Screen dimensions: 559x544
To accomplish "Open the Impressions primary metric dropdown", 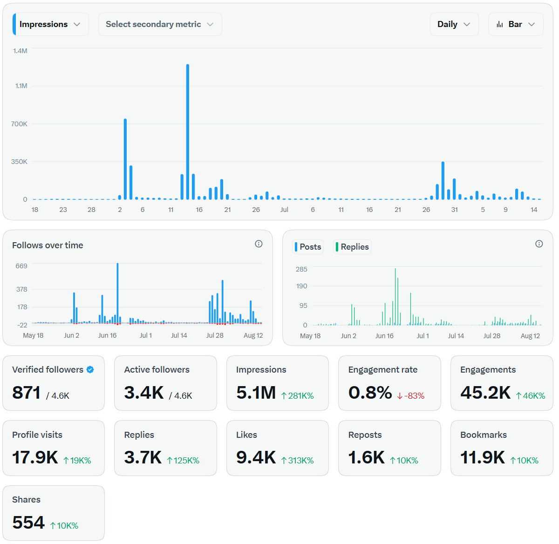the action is [x=51, y=24].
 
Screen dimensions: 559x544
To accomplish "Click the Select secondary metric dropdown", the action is [x=160, y=24].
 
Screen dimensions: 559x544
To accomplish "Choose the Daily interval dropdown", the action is [x=454, y=24].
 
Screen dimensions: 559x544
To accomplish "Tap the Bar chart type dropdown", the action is [x=516, y=24].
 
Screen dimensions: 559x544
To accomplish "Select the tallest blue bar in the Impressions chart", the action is [x=188, y=132].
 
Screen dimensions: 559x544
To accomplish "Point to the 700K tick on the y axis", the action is [x=19, y=124].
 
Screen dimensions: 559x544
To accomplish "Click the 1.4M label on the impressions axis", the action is [x=20, y=51].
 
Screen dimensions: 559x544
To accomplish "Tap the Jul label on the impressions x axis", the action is [x=284, y=210].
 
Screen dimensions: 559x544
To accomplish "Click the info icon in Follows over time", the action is [x=259, y=244].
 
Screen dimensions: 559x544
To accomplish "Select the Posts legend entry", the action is [x=308, y=247].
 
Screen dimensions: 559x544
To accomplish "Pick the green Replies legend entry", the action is [x=352, y=247].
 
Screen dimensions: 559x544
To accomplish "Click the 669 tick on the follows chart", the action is [x=21, y=266].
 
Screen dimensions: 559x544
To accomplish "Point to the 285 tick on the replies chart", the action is [x=301, y=269].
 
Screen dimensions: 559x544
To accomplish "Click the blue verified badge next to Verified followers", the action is [x=90, y=370].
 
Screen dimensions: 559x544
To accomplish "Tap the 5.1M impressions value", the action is [x=256, y=393].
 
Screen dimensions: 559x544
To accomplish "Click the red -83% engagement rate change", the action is [x=411, y=396].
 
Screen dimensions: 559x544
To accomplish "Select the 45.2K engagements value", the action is [x=485, y=393].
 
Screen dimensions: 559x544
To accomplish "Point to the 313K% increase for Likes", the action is [x=297, y=461].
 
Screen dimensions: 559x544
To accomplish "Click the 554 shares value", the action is [x=28, y=523].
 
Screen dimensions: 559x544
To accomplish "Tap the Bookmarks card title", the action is [x=484, y=435].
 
